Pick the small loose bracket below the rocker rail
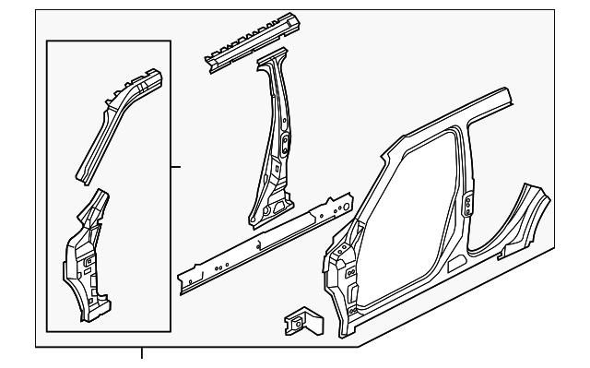(300, 320)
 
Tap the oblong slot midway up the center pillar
(284, 142)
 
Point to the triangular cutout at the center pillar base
(271, 209)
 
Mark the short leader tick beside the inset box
(177, 166)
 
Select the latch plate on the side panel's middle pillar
(467, 202)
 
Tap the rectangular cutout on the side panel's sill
(455, 262)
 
